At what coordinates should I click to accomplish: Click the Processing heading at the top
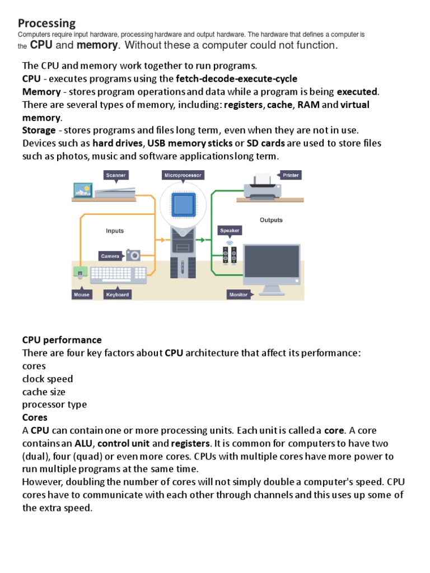46,23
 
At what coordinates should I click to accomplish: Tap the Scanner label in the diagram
116,175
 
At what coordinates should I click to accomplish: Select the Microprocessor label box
183,175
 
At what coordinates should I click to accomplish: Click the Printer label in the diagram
290,175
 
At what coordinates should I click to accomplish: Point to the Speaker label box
230,230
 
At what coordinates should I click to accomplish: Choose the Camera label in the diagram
110,256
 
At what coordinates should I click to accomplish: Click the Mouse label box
82,294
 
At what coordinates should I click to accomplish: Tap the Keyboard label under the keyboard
118,294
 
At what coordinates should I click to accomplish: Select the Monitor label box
239,294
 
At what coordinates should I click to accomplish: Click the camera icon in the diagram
133,255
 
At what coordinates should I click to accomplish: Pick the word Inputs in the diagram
115,231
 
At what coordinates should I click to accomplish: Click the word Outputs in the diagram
271,220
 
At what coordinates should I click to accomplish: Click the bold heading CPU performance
62,340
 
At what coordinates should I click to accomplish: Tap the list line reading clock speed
48,379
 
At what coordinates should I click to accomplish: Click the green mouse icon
80,273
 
